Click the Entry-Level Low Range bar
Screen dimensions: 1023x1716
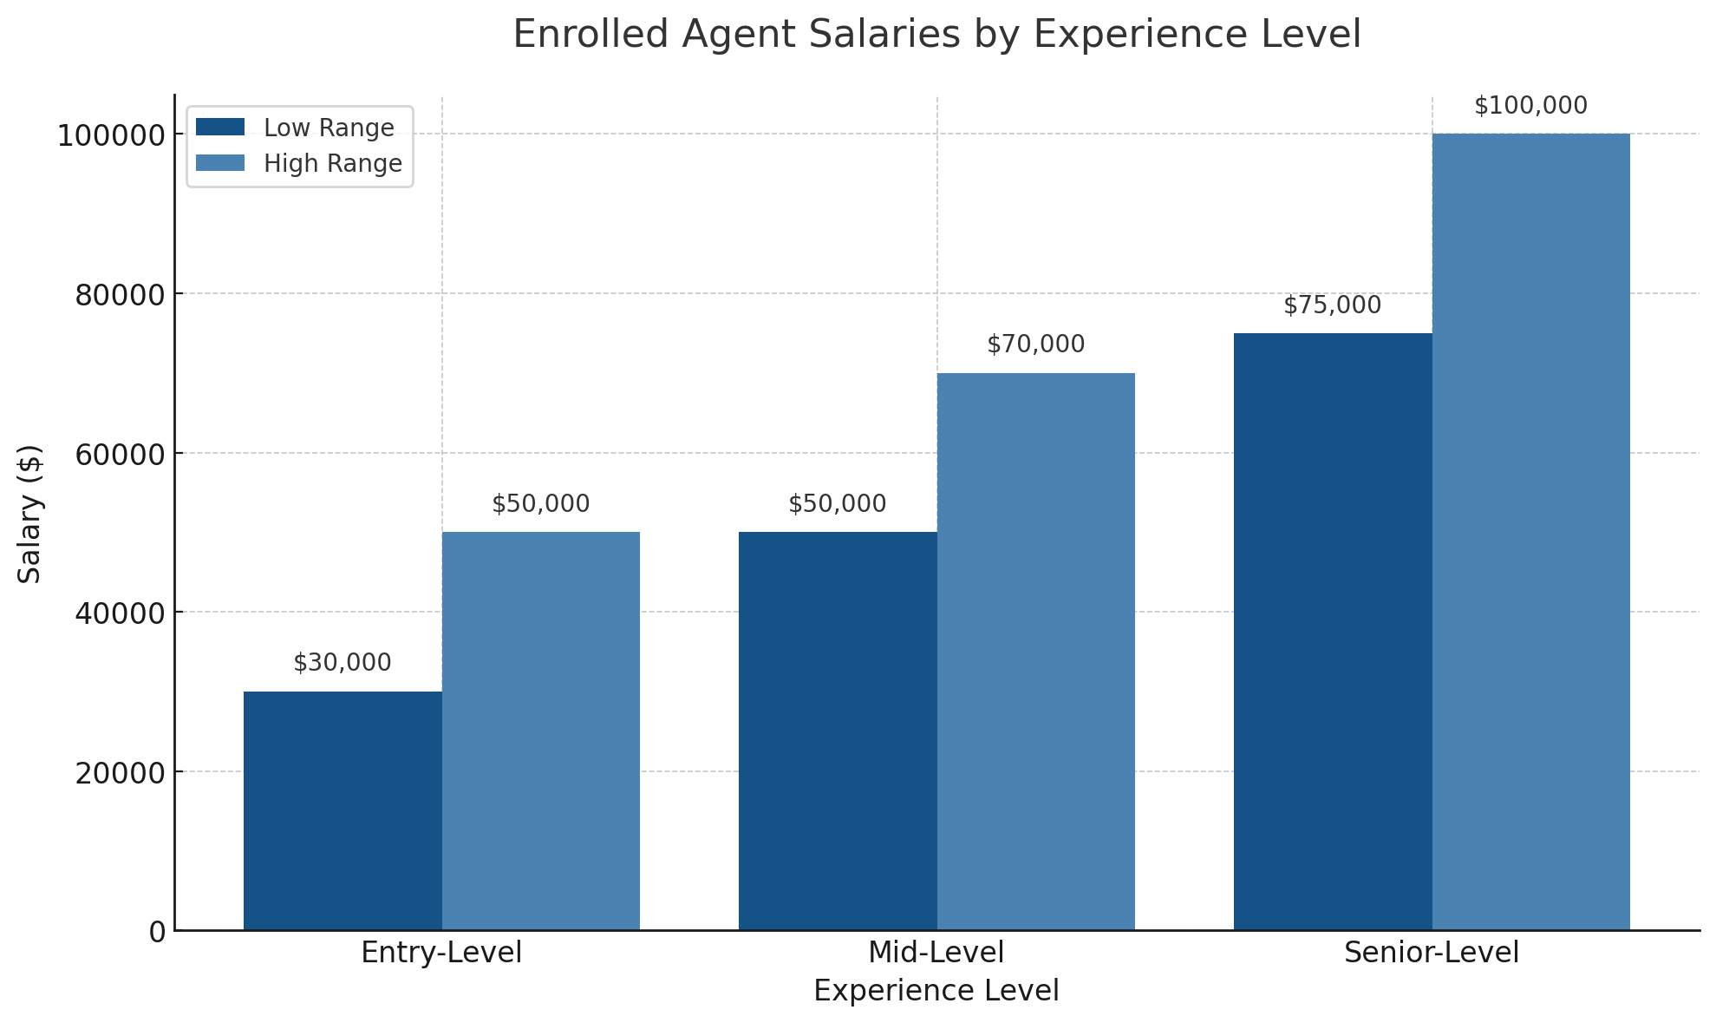(343, 810)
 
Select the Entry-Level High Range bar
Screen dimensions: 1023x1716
(541, 731)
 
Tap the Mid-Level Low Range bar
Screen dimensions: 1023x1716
(838, 731)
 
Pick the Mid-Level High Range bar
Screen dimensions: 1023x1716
(1036, 651)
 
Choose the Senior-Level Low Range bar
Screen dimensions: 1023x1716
(1333, 631)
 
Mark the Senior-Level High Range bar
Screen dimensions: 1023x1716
(1531, 531)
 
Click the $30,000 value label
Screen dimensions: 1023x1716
(343, 663)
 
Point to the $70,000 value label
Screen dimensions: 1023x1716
(1036, 344)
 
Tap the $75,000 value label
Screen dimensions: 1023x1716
(1333, 305)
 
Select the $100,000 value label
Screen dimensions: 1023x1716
(1531, 106)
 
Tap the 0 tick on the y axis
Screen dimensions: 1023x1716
(157, 932)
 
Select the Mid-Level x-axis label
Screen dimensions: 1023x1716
(936, 953)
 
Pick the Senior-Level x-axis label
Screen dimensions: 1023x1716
(1432, 953)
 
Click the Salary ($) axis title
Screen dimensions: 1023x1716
(30, 514)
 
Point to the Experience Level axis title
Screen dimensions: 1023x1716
(936, 991)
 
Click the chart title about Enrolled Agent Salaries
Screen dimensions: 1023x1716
(936, 35)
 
